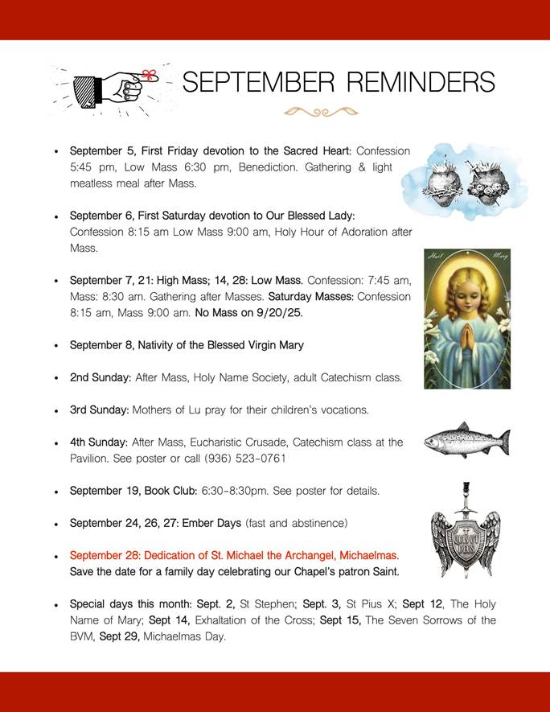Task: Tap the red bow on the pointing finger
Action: coord(148,76)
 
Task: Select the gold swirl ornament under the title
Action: coord(320,112)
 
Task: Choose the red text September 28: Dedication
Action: coord(234,555)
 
